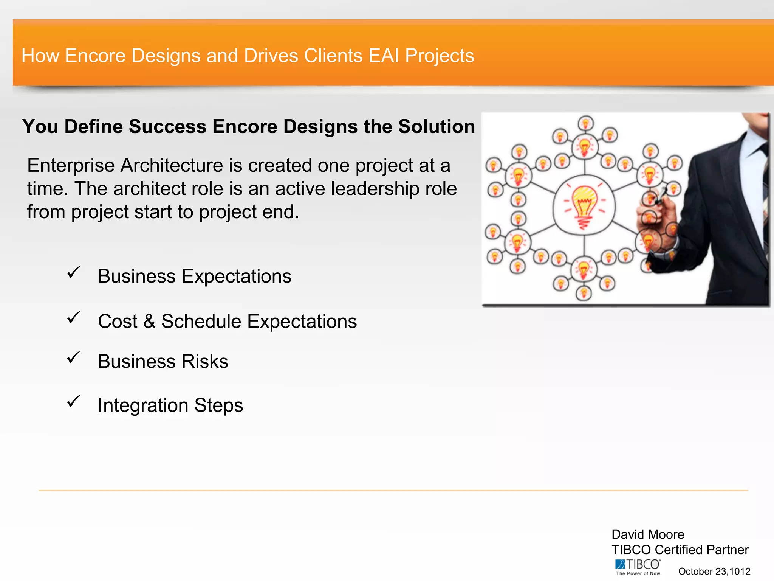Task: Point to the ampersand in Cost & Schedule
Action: point(149,322)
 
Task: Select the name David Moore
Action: point(647,534)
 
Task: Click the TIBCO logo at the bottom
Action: point(638,567)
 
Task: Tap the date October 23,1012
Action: point(714,571)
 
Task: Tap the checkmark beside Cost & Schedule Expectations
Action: point(73,318)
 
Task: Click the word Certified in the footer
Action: point(678,550)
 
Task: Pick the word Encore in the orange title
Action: point(95,56)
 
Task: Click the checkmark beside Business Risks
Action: point(73,357)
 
